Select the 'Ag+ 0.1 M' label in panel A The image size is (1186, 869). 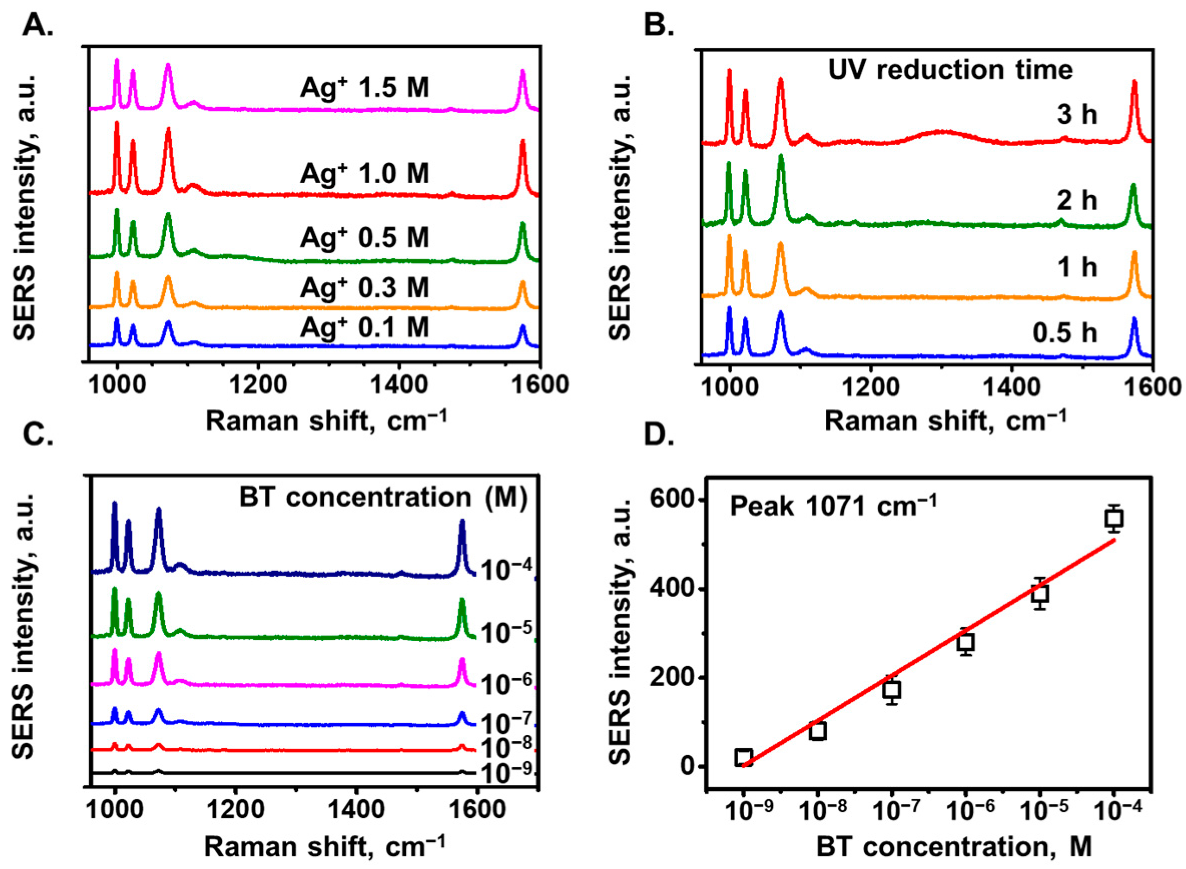(365, 327)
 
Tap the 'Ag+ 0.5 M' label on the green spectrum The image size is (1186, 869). (365, 237)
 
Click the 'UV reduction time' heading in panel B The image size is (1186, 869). (950, 70)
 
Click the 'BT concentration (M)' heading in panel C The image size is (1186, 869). (383, 497)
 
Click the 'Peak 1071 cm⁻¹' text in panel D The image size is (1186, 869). (833, 507)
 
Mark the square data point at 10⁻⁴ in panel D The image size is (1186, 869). (1114, 519)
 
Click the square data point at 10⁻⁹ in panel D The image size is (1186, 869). (743, 757)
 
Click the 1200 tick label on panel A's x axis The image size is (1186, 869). (258, 385)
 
